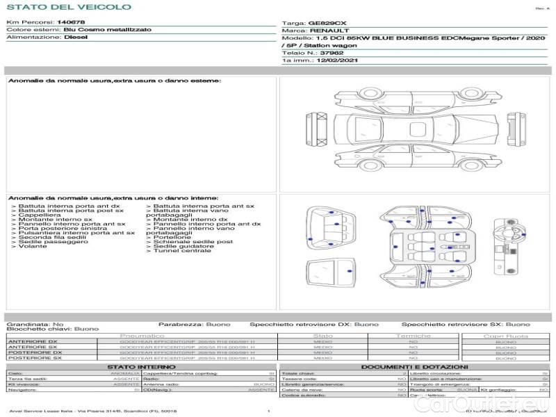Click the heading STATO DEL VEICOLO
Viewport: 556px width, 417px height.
click(x=68, y=7)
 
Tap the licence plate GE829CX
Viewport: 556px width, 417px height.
click(x=327, y=23)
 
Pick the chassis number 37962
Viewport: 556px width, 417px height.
click(x=332, y=53)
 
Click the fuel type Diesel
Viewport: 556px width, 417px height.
click(x=76, y=38)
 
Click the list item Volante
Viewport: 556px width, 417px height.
click(x=33, y=246)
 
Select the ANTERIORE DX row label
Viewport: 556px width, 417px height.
click(x=33, y=341)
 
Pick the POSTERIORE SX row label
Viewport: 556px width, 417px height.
click(x=33, y=358)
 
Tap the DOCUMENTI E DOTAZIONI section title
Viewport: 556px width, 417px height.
click(x=414, y=366)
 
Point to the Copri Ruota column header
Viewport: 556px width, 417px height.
click(x=505, y=336)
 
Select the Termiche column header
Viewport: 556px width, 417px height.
click(x=413, y=336)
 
